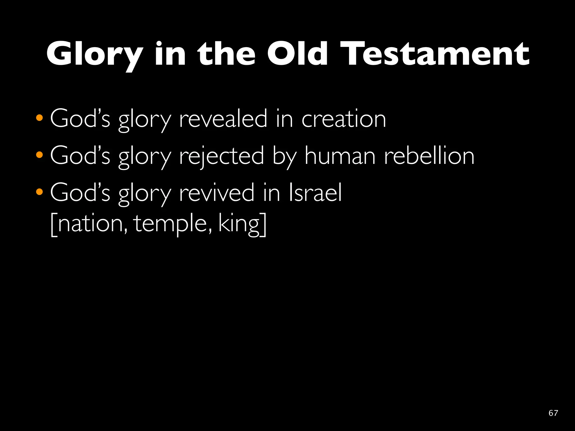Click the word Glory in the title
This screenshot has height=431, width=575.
click(94, 54)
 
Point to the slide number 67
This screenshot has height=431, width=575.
click(553, 413)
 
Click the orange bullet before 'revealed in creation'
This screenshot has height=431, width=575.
click(40, 118)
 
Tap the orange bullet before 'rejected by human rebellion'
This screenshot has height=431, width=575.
click(40, 155)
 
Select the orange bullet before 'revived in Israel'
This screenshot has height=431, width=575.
click(40, 192)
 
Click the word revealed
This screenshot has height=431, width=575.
click(223, 119)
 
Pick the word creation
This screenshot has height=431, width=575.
click(344, 119)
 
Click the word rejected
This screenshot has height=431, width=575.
click(222, 156)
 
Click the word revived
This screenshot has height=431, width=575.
click(216, 193)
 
